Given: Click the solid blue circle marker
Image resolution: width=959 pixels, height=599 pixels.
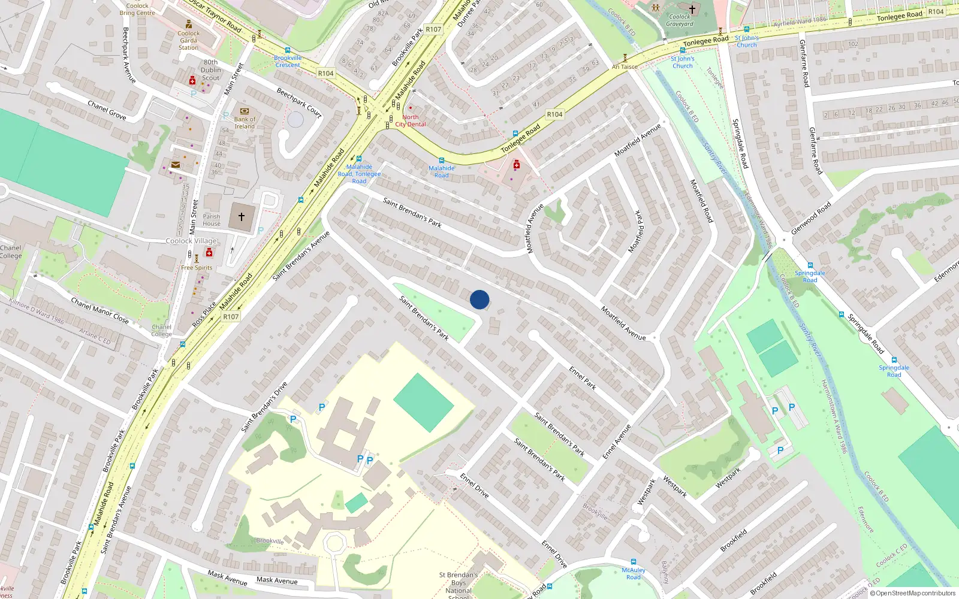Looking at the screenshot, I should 479,299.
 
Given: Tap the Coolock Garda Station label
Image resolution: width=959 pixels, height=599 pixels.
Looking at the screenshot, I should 188,41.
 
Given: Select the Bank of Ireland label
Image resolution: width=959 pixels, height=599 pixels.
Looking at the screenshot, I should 245,123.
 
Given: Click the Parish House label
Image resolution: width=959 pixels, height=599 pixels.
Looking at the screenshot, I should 212,220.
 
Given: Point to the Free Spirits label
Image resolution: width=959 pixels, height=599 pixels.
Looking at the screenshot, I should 197,268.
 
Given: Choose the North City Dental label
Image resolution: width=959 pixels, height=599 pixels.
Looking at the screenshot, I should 411,121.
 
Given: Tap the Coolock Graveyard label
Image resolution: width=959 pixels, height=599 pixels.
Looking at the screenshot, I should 680,20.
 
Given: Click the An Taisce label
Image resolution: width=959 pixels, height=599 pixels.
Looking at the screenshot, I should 625,67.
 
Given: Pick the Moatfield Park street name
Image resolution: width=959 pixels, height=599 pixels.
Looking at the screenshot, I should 637,231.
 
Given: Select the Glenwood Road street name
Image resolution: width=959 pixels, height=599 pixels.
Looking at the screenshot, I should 811,218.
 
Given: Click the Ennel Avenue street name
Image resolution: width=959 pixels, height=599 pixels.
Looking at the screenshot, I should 617,442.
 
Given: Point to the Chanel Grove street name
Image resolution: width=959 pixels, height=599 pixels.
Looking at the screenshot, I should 107,110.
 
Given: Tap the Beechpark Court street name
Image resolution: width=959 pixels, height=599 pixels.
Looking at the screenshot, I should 299,102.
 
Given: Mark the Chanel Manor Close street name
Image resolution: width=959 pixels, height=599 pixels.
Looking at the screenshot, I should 100,310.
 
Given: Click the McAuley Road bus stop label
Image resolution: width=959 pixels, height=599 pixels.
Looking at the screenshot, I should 634,573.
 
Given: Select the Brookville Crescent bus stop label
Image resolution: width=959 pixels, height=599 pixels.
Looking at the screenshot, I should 288,61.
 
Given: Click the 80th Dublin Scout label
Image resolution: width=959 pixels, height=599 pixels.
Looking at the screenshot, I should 211,70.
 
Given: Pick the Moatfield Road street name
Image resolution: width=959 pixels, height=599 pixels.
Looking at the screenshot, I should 701,201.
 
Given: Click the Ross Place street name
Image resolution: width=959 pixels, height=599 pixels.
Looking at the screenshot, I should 204,314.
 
